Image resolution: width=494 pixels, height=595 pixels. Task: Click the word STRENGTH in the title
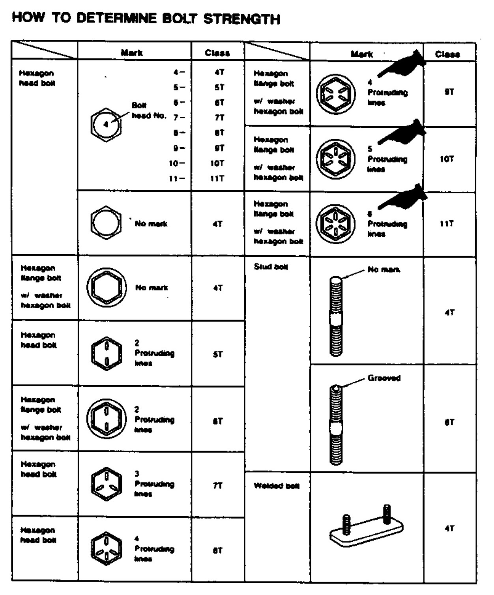(x=241, y=19)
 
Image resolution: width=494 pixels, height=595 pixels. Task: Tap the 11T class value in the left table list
(x=217, y=178)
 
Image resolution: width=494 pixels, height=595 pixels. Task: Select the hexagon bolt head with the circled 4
(x=106, y=124)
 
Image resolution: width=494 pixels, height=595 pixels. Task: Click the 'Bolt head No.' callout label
(x=148, y=111)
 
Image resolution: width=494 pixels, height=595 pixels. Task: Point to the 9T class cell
(x=449, y=92)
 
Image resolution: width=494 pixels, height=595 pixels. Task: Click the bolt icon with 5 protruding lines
(x=335, y=159)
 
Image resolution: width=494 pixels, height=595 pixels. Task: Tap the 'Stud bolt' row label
(x=271, y=267)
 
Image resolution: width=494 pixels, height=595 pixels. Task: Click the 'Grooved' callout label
(x=384, y=378)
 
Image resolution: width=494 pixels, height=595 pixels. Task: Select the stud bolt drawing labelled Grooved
(x=336, y=424)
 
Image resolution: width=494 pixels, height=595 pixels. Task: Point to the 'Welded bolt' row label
(x=276, y=486)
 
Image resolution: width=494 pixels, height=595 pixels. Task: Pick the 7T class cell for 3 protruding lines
(x=217, y=486)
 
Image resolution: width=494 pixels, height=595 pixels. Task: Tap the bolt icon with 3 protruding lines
(x=106, y=484)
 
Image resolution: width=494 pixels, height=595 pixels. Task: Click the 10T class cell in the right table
(x=447, y=159)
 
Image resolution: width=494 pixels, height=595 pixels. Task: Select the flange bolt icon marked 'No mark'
(x=106, y=288)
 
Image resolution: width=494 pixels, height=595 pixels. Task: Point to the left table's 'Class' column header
(x=217, y=53)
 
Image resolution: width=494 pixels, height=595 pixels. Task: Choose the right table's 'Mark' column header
(x=361, y=54)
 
